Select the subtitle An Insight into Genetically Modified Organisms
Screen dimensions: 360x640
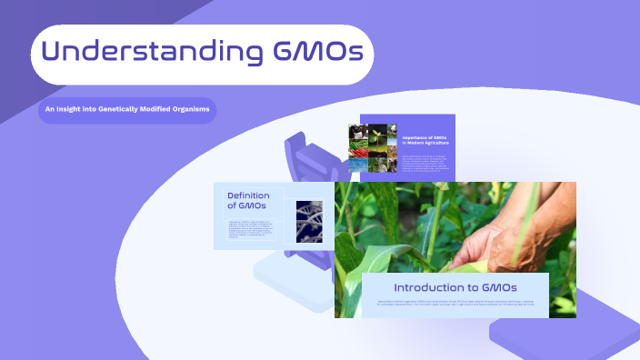128,110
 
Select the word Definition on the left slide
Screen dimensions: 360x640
249,195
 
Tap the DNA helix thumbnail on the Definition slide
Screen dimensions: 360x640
309,221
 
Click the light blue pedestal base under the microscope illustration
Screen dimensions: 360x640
291,277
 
